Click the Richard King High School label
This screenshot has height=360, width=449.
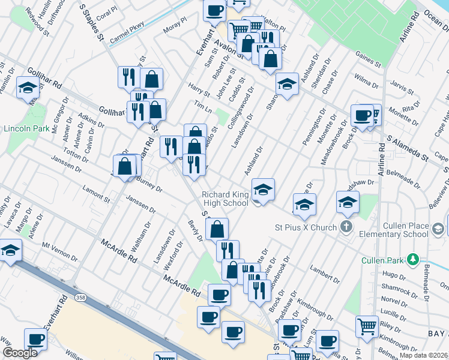pyautogui.click(x=225, y=199)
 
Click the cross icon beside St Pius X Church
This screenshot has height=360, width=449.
pyautogui.click(x=346, y=227)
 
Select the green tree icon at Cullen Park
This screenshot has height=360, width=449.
pyautogui.click(x=412, y=260)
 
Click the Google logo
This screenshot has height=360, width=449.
pyautogui.click(x=20, y=353)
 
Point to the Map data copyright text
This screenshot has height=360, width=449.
pyautogui.click(x=424, y=355)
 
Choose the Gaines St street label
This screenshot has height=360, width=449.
pyautogui.click(x=368, y=59)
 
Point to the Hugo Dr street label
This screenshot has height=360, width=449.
pyautogui.click(x=394, y=275)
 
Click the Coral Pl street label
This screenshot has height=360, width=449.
pyautogui.click(x=106, y=14)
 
